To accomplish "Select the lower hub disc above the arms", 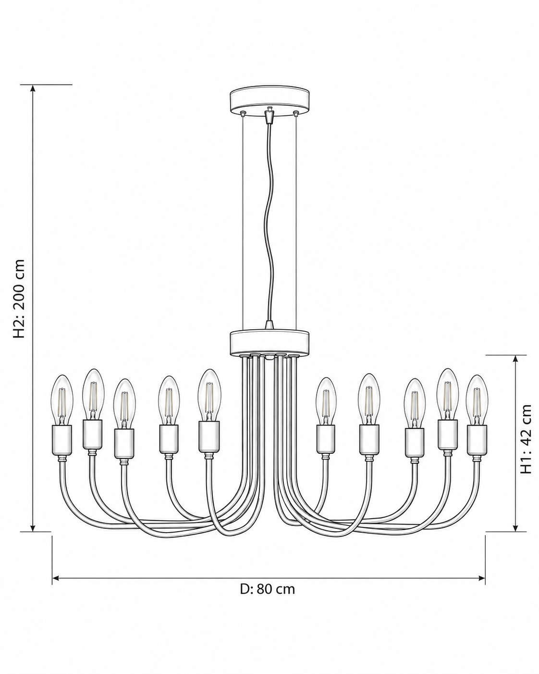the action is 269,342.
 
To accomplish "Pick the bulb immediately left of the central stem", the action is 209,395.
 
